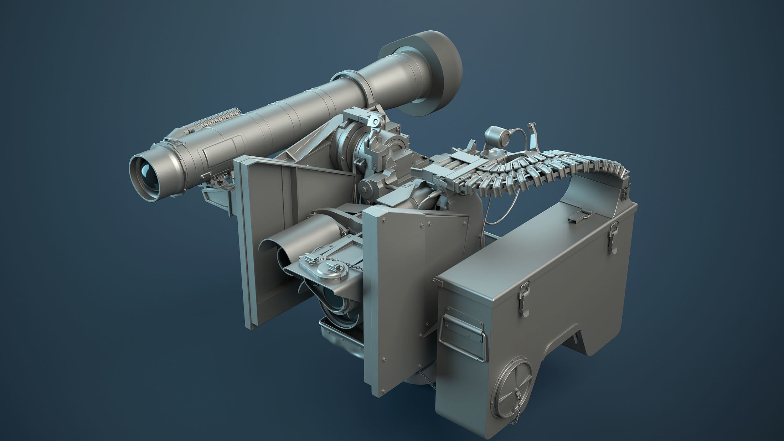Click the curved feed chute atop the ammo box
[595, 192]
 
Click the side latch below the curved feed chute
[613, 237]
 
